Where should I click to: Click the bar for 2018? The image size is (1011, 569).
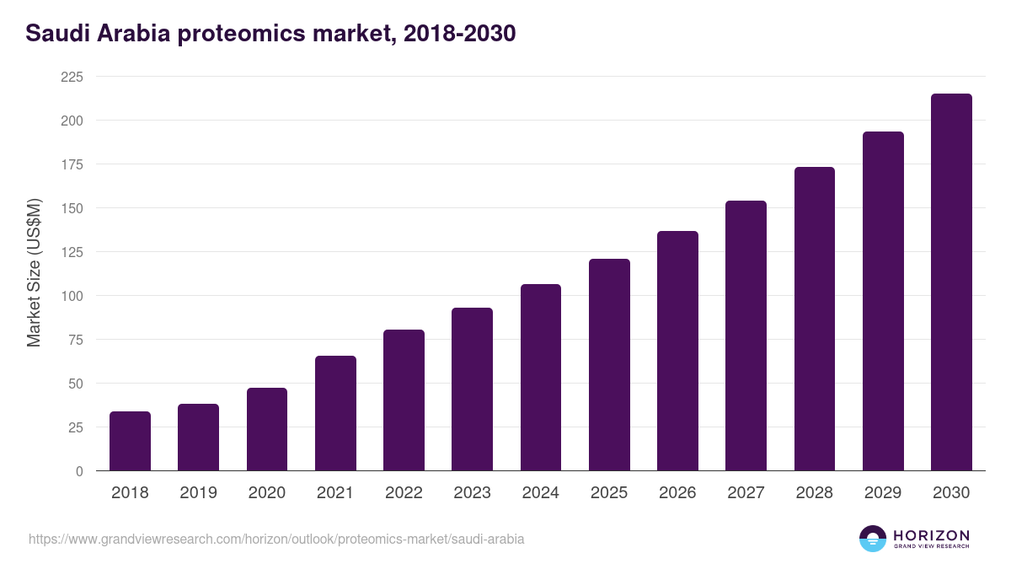point(130,441)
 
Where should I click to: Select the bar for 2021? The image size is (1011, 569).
point(335,413)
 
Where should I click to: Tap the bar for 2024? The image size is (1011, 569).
point(541,378)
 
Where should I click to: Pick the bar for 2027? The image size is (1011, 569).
point(746,335)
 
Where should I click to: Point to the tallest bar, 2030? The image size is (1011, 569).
point(951,282)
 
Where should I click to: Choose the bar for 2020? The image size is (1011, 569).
point(267,429)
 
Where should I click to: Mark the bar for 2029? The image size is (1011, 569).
point(883,301)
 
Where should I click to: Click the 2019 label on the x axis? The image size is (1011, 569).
point(198,493)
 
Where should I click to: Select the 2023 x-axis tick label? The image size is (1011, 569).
point(472,493)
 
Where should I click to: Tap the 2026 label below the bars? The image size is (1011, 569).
point(677,493)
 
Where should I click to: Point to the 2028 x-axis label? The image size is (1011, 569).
point(815,493)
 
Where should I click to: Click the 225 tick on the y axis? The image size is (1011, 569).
point(72,77)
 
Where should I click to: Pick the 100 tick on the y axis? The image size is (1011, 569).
point(72,296)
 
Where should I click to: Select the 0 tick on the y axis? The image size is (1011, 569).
point(79,471)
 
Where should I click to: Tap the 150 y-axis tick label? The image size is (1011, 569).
point(72,208)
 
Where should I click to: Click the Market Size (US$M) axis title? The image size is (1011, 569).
point(34,273)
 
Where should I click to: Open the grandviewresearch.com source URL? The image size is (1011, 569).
point(276,539)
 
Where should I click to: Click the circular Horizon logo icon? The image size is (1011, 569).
point(873,539)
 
